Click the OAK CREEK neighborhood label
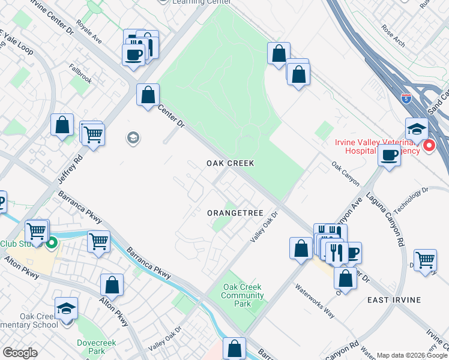coord(231,163)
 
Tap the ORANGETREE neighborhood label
coord(235,213)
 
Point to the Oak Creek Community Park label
coord(243,295)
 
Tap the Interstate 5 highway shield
coord(406,99)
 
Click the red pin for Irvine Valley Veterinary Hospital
coord(429,146)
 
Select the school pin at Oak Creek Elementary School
coord(66,308)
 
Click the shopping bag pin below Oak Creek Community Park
coord(234,348)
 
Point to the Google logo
coord(20,353)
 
